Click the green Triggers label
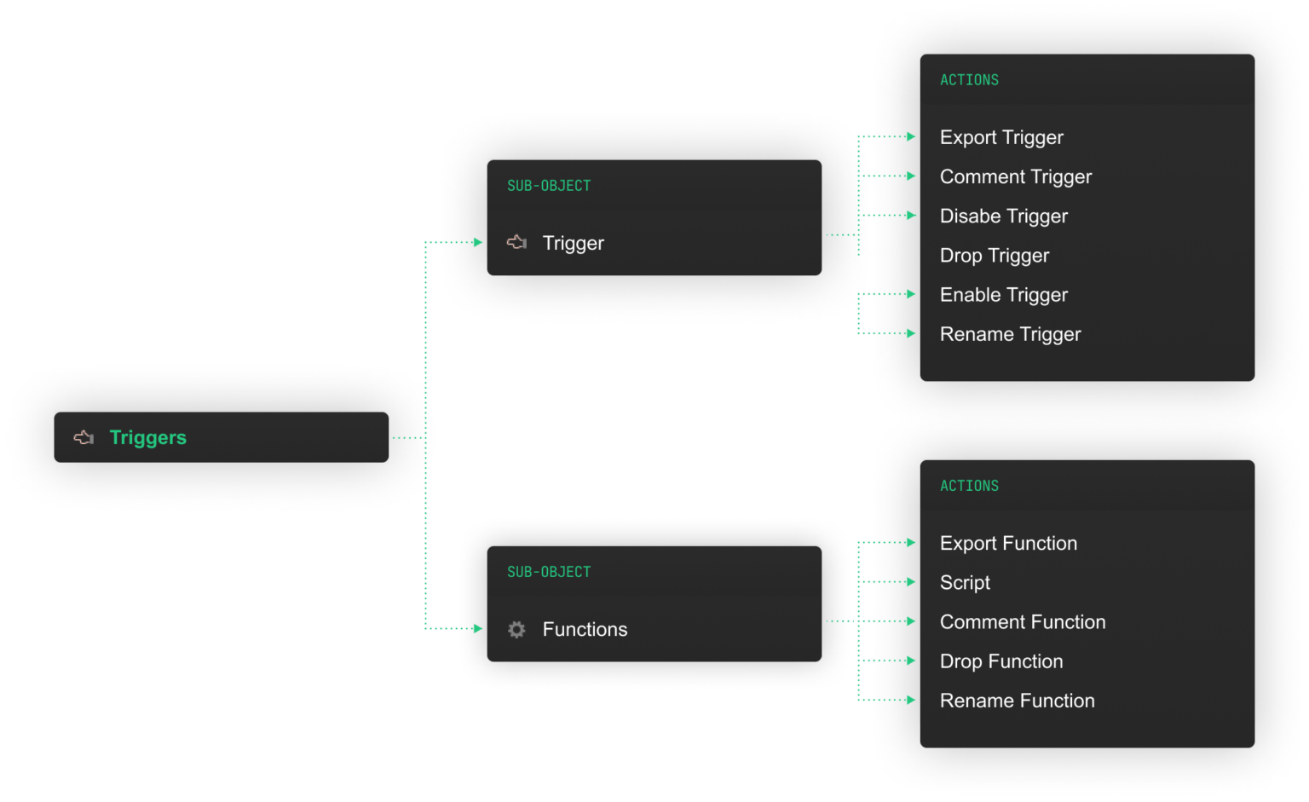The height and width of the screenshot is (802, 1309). (147, 437)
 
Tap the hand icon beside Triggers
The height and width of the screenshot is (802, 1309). (84, 437)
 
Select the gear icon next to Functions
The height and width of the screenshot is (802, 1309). (516, 629)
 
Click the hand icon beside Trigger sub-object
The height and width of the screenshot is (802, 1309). (516, 243)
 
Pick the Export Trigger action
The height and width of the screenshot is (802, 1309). (1001, 137)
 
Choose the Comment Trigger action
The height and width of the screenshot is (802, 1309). (1015, 176)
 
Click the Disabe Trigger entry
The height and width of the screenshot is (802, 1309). (1003, 216)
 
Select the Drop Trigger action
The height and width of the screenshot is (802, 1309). (994, 256)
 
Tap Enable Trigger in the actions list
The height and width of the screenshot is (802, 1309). (1003, 295)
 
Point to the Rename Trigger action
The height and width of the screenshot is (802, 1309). (1010, 334)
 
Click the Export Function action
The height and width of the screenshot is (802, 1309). (1008, 543)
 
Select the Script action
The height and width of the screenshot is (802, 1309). (965, 582)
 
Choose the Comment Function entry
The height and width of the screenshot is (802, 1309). (1022, 622)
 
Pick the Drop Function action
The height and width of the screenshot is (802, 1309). (1000, 661)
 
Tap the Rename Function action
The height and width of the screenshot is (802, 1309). (1017, 701)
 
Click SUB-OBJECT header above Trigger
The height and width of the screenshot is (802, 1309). (549, 186)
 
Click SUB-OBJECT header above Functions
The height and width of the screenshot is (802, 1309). (549, 572)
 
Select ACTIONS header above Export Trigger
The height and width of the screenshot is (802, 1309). (969, 80)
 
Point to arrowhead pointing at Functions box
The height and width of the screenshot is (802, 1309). (478, 628)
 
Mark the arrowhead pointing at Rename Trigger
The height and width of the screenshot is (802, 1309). (911, 333)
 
